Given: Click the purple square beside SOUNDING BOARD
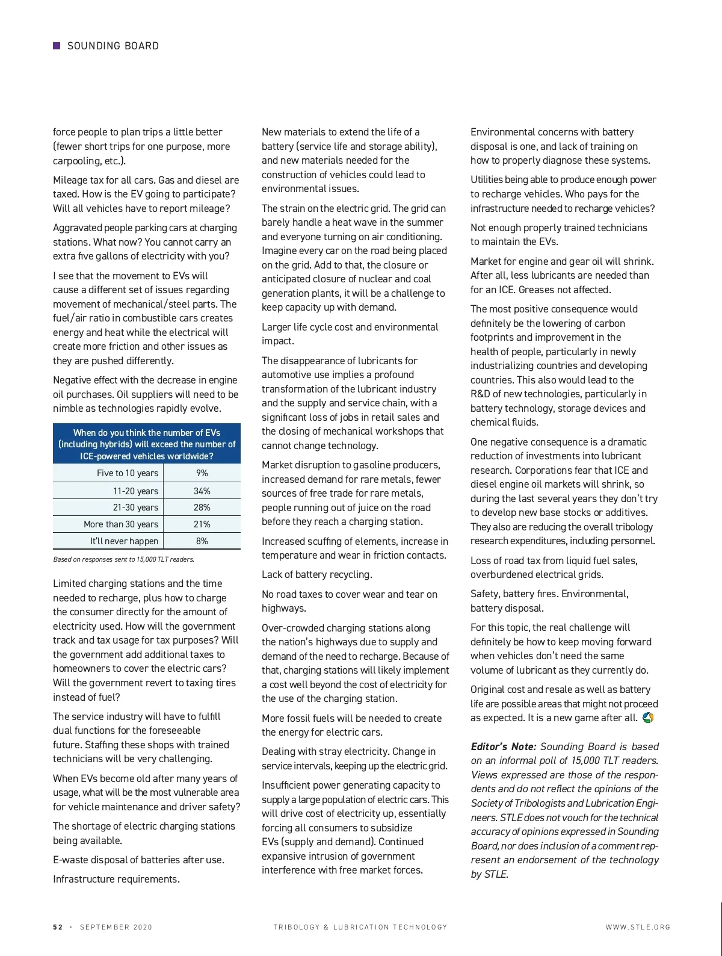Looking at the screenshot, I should coord(57,46).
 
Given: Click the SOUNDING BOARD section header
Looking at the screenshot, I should coord(113,46).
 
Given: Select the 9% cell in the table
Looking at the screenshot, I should coord(202,473).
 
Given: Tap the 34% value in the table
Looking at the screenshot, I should coord(202,491).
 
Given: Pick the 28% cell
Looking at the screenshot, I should coord(202,507).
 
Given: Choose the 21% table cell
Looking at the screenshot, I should coord(202,524).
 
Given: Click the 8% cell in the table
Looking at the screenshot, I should coord(202,541).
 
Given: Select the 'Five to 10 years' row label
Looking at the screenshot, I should coord(128,473).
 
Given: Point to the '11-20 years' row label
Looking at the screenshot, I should coord(135,491).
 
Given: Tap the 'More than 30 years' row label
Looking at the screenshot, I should coord(121,524).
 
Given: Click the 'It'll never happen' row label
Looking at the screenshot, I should coord(124,541).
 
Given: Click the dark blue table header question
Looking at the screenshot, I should coord(147,444).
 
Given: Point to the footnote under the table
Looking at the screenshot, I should coord(123,559).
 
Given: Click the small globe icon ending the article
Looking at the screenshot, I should coord(648,718).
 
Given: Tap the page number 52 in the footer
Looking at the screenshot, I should coord(58,927).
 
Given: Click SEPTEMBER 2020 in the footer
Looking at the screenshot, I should coord(116,927).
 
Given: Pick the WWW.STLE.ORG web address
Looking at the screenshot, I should coord(638,927).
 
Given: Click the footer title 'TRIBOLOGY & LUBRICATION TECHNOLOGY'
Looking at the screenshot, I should coord(360,927).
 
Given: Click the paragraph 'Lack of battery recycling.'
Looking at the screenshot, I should coord(316,574).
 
